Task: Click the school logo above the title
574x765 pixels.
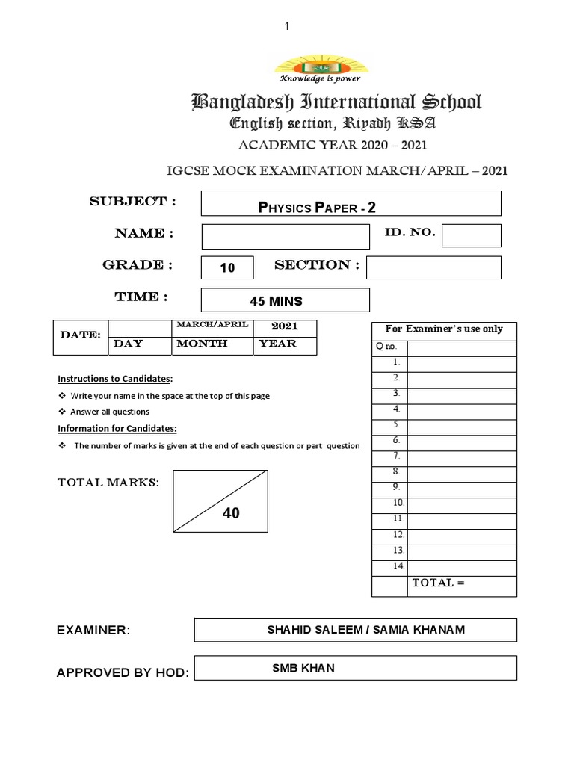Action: click(318, 66)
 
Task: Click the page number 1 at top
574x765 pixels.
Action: click(286, 27)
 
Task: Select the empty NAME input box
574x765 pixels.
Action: click(286, 236)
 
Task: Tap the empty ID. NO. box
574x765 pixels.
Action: click(471, 235)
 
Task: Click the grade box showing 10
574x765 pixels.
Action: click(228, 267)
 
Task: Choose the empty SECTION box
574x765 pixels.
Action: click(433, 267)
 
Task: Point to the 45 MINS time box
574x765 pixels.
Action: click(286, 300)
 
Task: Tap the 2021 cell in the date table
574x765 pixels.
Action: click(284, 327)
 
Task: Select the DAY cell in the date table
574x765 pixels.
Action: click(139, 344)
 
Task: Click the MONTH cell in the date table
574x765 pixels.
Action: click(214, 344)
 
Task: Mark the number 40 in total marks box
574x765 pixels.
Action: click(231, 513)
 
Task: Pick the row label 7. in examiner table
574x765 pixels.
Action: click(397, 455)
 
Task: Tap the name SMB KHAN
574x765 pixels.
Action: click(303, 668)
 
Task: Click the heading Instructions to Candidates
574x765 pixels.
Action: click(115, 379)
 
